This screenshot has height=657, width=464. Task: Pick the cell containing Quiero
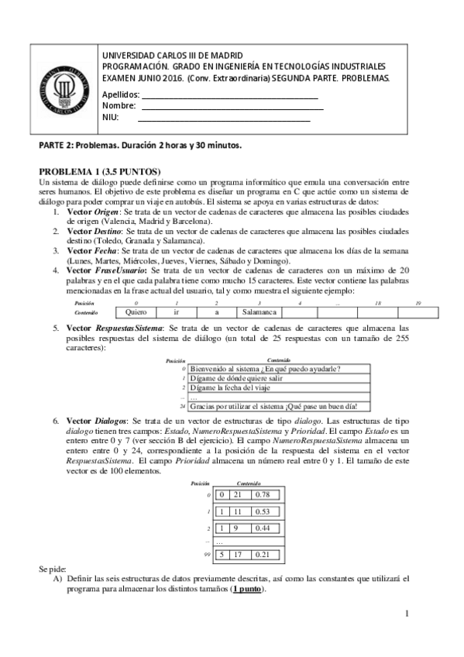point(136,312)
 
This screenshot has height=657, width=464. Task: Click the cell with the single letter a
point(217,312)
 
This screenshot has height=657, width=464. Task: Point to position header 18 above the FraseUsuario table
point(377,303)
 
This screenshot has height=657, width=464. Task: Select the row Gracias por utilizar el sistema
point(277,406)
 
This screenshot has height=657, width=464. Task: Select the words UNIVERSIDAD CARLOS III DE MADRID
point(172,57)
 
